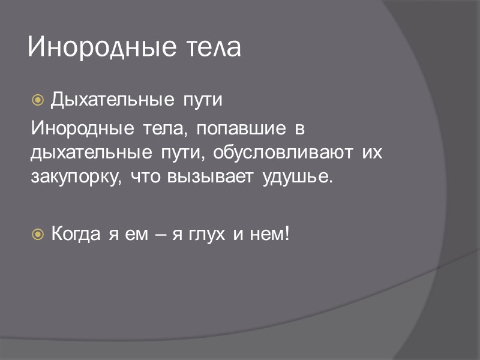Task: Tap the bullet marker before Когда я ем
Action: tap(37, 233)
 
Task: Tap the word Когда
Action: tap(77, 233)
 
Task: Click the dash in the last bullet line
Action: tap(160, 233)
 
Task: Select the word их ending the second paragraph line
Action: tap(373, 153)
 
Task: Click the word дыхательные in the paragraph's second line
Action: tap(91, 154)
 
